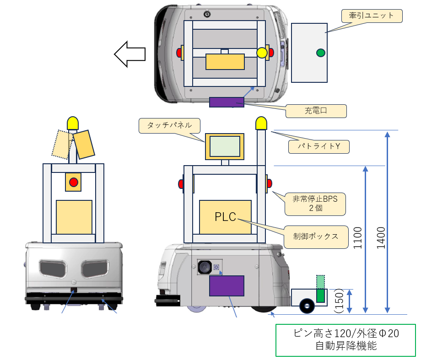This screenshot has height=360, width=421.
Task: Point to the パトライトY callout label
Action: click(x=318, y=147)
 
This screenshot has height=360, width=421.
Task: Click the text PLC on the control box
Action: click(x=225, y=216)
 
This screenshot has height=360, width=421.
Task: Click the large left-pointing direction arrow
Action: click(x=130, y=54)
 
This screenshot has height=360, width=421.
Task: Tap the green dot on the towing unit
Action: click(x=320, y=53)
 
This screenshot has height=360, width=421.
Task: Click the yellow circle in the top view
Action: click(x=262, y=53)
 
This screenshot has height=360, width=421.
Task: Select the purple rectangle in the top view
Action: click(x=227, y=102)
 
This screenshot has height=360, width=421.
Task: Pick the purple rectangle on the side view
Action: click(x=227, y=285)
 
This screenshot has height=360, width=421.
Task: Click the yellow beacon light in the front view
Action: click(x=73, y=123)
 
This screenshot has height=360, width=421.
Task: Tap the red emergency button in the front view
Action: click(x=73, y=183)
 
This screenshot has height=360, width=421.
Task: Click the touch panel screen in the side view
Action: click(x=224, y=146)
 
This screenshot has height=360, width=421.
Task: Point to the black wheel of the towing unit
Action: click(x=307, y=306)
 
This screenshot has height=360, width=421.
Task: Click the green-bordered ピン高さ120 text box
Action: click(x=345, y=340)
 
